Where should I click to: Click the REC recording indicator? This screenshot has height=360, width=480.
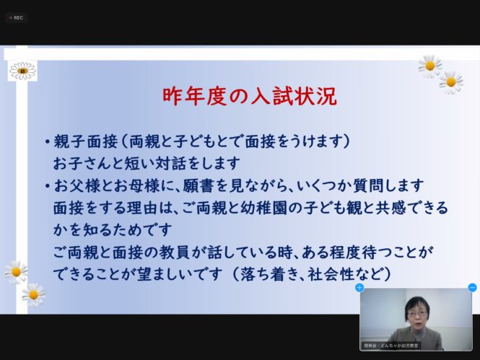point(16,18)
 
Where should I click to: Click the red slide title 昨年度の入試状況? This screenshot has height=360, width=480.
point(250,97)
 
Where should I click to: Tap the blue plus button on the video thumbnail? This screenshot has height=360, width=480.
point(359,288)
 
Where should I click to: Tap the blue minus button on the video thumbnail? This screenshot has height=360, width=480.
point(472,288)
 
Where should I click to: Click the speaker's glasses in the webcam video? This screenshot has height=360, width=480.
point(417,314)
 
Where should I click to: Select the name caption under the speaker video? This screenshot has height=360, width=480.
point(391,346)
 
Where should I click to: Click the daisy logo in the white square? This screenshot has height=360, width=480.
point(22,71)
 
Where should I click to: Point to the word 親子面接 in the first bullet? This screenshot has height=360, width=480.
point(86,141)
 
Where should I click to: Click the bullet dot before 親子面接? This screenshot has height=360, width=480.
point(47,142)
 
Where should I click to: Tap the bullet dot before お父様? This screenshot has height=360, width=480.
point(47,186)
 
